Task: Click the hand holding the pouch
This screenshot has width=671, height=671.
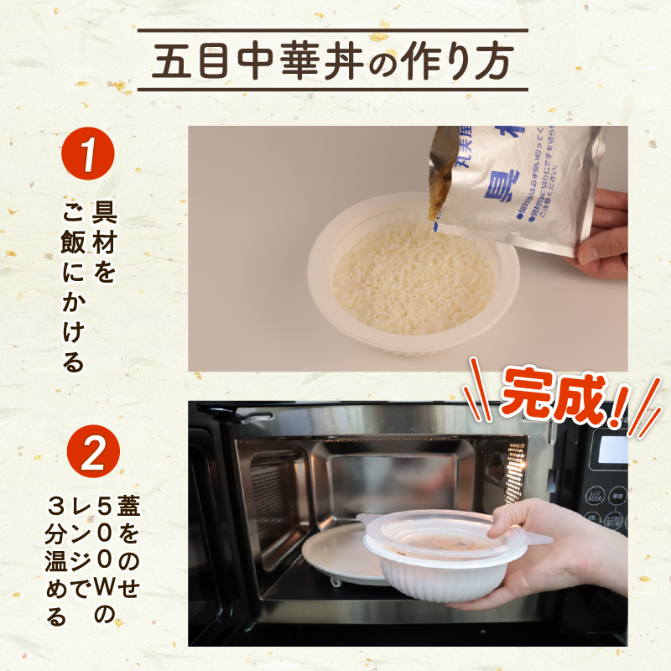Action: pyautogui.click(x=606, y=235)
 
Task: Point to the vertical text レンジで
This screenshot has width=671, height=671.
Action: pyautogui.click(x=81, y=545)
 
